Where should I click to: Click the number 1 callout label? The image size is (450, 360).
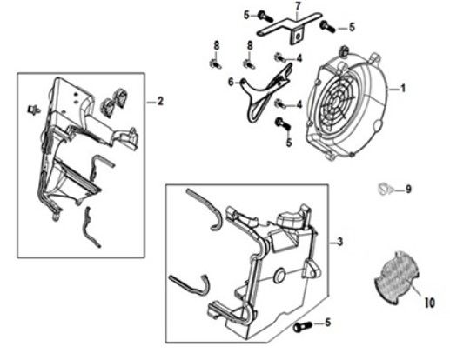(x=402, y=88)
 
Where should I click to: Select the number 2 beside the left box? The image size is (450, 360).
(x=160, y=102)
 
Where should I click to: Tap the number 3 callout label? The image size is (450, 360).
(x=340, y=242)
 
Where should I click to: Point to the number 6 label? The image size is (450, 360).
(x=231, y=83)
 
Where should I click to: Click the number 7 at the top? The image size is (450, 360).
(x=299, y=5)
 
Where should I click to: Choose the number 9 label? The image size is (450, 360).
(x=408, y=190)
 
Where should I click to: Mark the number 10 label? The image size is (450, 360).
(x=430, y=303)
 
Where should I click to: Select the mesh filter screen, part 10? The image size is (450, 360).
(x=396, y=277)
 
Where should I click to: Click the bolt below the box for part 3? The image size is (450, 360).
(x=302, y=327)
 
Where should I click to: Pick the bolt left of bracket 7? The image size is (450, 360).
(x=265, y=17)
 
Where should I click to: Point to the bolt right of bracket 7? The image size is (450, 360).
(x=327, y=26)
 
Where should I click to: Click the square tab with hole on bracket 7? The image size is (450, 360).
(x=297, y=37)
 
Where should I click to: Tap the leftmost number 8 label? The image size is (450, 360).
(x=217, y=45)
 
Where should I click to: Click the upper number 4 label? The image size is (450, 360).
(x=299, y=58)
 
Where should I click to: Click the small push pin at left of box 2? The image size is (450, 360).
(x=33, y=110)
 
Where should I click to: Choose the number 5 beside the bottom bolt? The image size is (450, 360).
(x=327, y=323)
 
